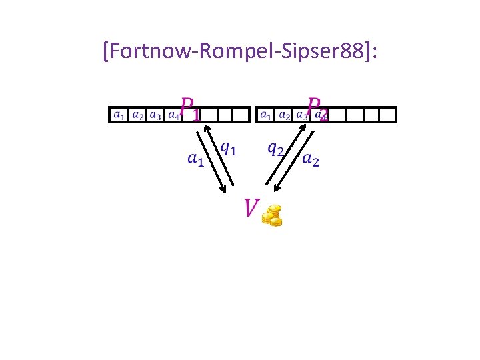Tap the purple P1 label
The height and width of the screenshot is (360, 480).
coord(189,109)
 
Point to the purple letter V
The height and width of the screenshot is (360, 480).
coord(251,208)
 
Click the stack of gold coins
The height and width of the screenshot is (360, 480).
coord(272,215)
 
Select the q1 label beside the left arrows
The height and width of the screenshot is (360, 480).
coord(228,148)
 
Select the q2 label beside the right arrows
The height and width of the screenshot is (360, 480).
coord(276,148)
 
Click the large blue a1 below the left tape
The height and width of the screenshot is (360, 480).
coord(195,159)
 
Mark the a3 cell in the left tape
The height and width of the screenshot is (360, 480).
coord(155,115)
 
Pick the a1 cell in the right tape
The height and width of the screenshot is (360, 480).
coord(266,115)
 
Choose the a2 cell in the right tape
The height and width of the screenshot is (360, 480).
coord(284,115)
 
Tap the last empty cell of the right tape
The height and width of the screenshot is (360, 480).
coord(387,115)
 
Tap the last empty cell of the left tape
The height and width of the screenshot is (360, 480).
coord(241,115)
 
